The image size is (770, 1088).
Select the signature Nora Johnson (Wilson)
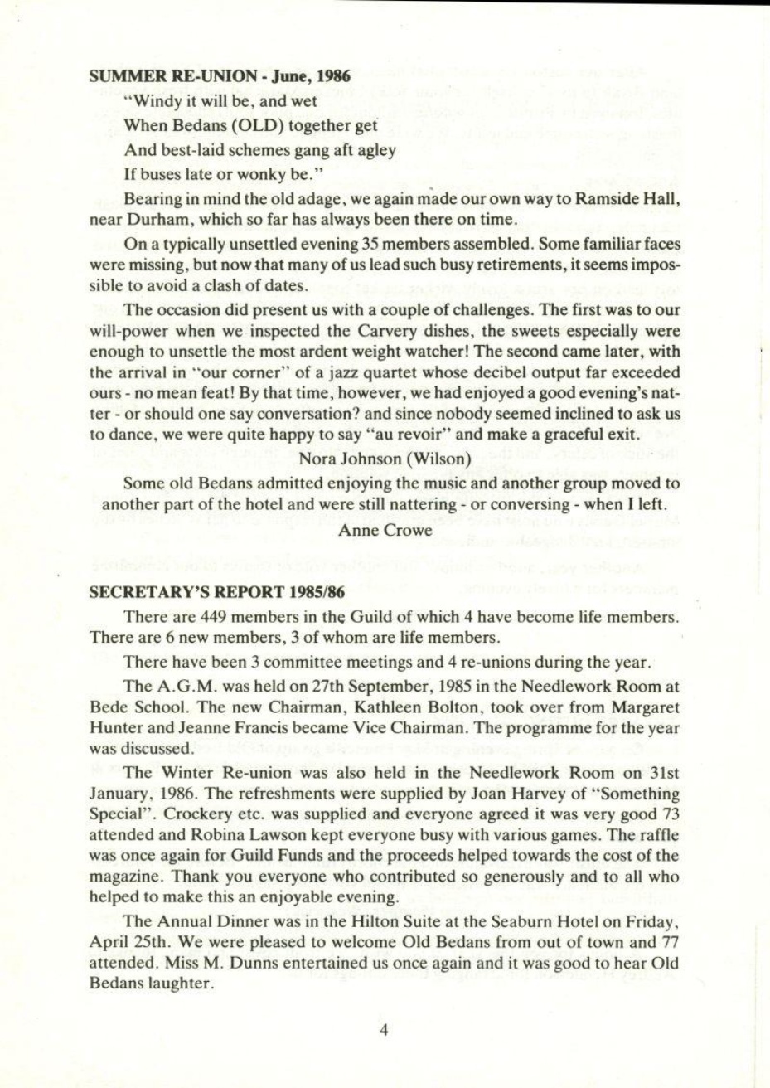click(384, 456)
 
